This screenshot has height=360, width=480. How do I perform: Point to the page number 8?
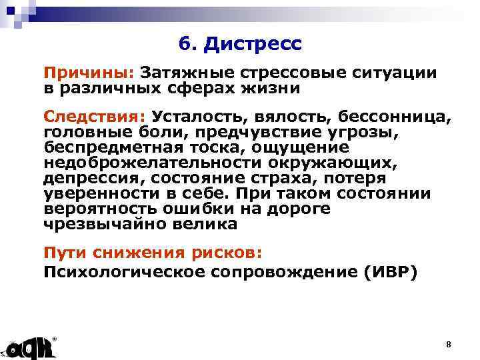[448, 344]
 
